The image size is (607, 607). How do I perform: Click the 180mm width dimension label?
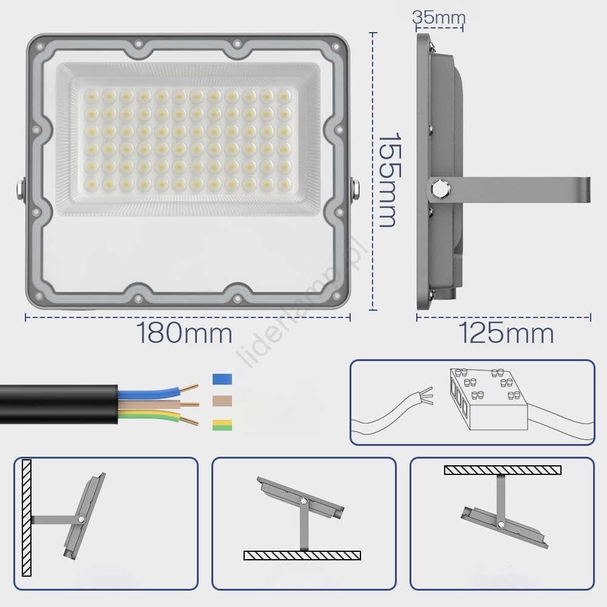tap(184, 333)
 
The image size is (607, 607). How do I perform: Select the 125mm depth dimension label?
tap(506, 333)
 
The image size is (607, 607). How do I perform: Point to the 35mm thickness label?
tap(439, 18)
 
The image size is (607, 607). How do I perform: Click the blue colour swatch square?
tap(222, 379)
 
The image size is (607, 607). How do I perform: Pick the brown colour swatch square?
tap(222, 401)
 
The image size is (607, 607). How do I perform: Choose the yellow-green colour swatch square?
tap(222, 425)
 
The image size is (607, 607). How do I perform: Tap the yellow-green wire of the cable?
tap(149, 417)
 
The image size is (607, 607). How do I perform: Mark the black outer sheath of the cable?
tap(58, 405)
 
